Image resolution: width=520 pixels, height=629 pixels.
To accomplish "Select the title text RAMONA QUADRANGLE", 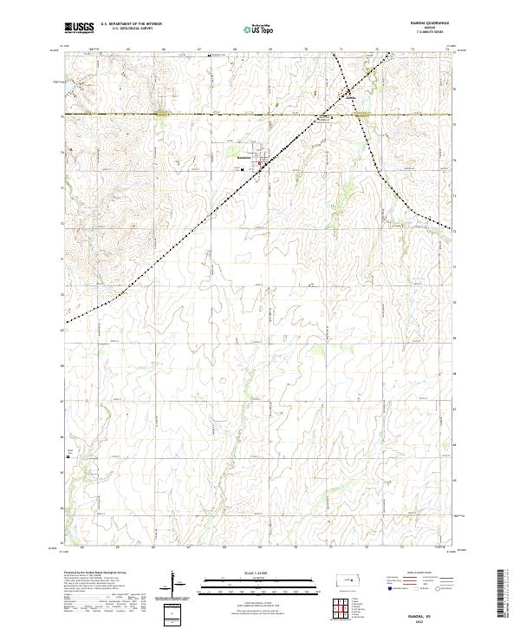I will pyautogui.click(x=420, y=24).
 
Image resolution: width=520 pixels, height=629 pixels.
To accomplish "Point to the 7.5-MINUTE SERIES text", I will pyautogui.click(x=420, y=34).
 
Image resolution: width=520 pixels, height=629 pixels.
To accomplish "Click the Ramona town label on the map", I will pyautogui.click(x=244, y=157).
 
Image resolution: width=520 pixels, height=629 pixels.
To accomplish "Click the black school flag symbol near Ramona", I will pyautogui.click(x=242, y=170).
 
